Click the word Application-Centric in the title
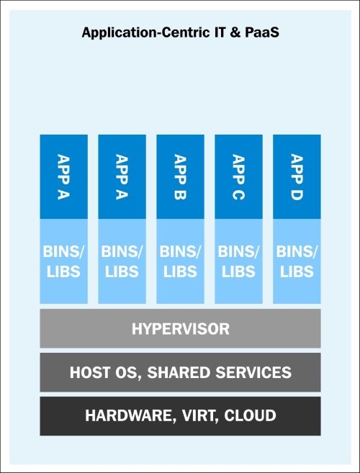point(145,32)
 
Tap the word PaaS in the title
point(262,32)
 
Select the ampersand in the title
point(235,32)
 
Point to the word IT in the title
point(220,32)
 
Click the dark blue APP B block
point(180,176)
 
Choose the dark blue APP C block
point(238,176)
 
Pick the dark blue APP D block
point(297,176)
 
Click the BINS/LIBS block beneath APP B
point(180,261)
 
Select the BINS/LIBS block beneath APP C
point(238,261)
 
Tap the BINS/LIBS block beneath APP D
point(297,261)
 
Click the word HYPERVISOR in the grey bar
point(181,329)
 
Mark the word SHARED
point(179,372)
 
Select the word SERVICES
point(253,372)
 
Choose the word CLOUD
point(250,415)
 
